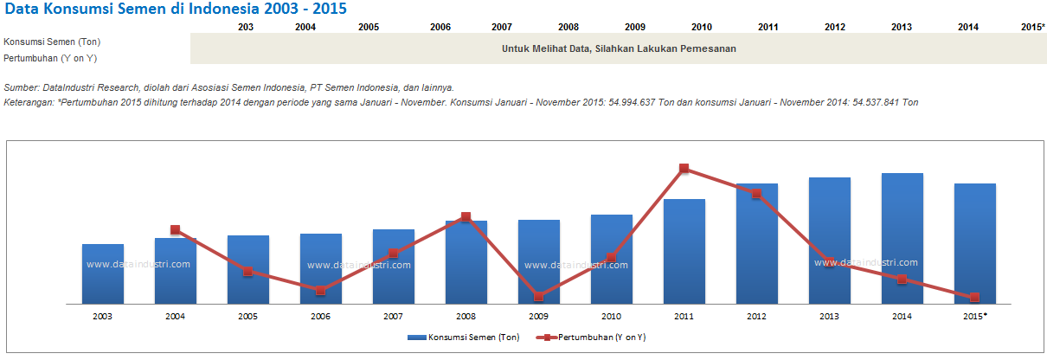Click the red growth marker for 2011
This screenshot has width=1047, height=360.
tap(684, 168)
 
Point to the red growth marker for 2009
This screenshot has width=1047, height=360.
tap(538, 297)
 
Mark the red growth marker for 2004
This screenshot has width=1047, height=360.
tap(176, 229)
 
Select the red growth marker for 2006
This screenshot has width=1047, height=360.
tap(321, 291)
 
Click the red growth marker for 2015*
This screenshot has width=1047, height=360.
tap(974, 297)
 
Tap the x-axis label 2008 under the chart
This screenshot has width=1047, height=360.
tap(466, 317)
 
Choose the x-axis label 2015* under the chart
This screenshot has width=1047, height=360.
tap(975, 317)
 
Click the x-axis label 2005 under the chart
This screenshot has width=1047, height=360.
tap(247, 317)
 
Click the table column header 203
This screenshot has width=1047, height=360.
tap(245, 27)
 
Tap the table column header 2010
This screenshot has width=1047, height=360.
tap(702, 27)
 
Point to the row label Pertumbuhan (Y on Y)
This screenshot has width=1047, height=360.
tap(49, 57)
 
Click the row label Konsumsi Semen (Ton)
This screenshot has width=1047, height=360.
tap(52, 42)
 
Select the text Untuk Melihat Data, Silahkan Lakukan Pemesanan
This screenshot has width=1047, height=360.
tap(619, 48)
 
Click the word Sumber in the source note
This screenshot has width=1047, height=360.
tap(21, 87)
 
